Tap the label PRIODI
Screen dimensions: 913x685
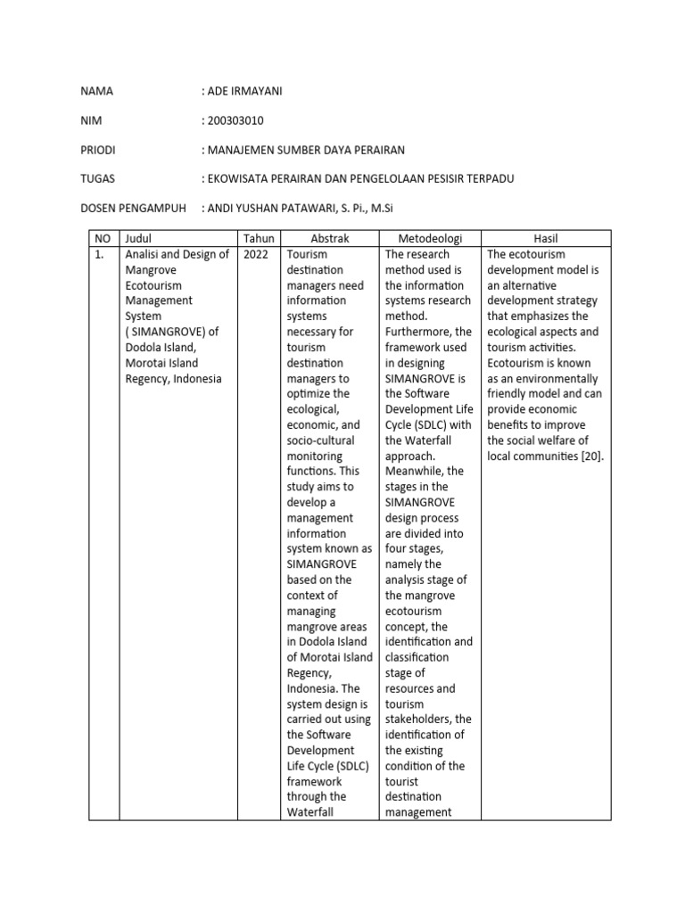[98, 150]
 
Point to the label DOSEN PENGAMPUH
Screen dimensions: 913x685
[133, 209]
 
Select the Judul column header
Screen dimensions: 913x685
[139, 239]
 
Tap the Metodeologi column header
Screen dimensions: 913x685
[430, 239]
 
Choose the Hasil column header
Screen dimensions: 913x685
[545, 239]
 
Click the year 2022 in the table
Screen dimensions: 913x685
[255, 255]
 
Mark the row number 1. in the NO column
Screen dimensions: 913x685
[100, 255]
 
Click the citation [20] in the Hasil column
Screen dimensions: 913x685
[590, 456]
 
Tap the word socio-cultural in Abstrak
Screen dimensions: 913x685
[320, 440]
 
